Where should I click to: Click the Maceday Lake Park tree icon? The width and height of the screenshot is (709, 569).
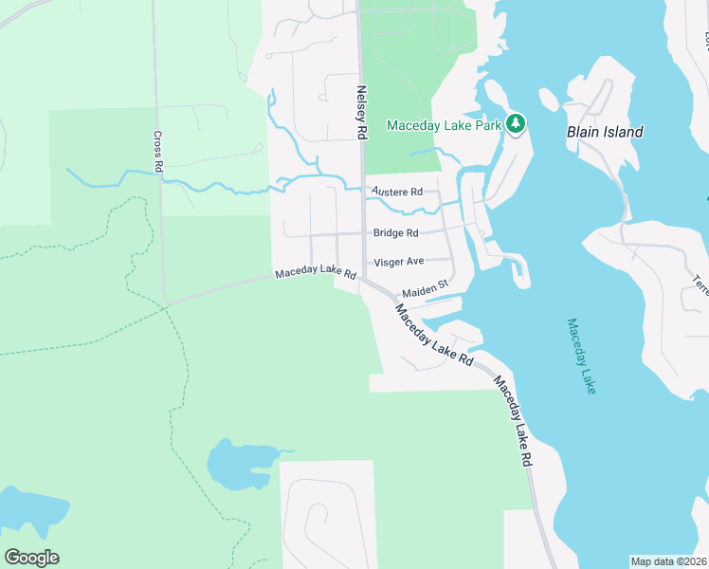pyautogui.click(x=516, y=123)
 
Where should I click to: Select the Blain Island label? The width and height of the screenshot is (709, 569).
pyautogui.click(x=605, y=132)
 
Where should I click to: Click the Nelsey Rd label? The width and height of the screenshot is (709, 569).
pyautogui.click(x=361, y=113)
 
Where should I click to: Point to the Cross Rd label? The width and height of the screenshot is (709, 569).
pyautogui.click(x=158, y=152)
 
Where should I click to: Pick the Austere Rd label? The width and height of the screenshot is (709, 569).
pyautogui.click(x=396, y=192)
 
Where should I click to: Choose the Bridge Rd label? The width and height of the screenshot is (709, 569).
pyautogui.click(x=395, y=233)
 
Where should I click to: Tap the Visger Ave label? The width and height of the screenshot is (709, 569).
pyautogui.click(x=398, y=261)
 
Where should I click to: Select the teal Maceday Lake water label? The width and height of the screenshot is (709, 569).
pyautogui.click(x=581, y=356)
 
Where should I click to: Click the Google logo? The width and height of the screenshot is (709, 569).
pyautogui.click(x=31, y=558)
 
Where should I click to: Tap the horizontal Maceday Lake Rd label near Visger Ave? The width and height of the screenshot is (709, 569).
pyautogui.click(x=315, y=273)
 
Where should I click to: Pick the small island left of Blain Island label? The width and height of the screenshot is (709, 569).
pyautogui.click(x=550, y=99)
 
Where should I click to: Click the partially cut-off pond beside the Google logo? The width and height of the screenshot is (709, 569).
pyautogui.click(x=28, y=517)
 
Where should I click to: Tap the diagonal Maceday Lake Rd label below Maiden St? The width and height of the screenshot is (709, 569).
pyautogui.click(x=433, y=335)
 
